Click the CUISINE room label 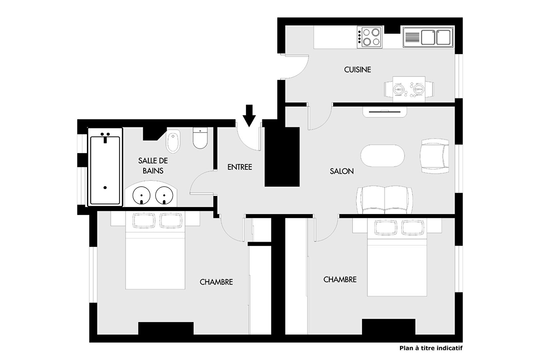click(357, 70)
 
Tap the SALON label click(342, 171)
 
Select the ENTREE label click(240, 167)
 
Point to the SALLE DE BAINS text click(153, 166)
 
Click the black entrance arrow click(249, 116)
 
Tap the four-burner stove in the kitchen click(370, 37)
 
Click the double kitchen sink click(428, 37)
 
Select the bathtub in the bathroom click(105, 167)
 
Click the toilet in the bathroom click(200, 138)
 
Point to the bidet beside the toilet click(173, 141)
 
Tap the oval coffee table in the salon click(383, 156)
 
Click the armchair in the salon click(434, 156)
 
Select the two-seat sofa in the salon click(385, 200)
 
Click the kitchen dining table click(409, 89)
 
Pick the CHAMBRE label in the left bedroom click(216, 282)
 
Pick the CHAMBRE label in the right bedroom click(340, 279)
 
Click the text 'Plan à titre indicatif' click(431, 348)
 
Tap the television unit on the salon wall click(385, 112)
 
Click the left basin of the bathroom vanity click(142, 195)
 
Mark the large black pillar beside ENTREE click(282, 157)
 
